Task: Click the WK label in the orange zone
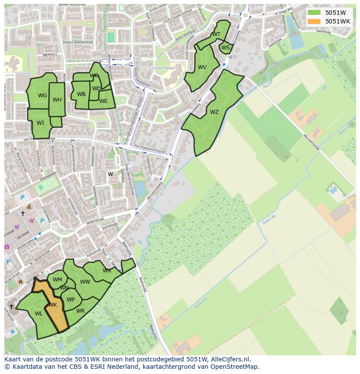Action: tap(53, 305)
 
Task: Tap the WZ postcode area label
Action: tap(214, 112)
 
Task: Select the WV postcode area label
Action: tap(202, 67)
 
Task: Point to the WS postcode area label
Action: tap(226, 48)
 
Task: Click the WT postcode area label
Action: tap(216, 34)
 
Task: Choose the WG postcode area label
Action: tap(42, 96)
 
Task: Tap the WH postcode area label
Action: tap(57, 100)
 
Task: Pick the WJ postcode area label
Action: tap(40, 123)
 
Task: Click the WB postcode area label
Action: tap(81, 94)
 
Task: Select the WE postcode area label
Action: tap(103, 101)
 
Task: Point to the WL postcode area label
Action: tap(39, 314)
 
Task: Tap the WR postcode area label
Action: tap(80, 311)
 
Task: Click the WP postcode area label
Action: tap(70, 300)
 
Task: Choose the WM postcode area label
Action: tap(57, 280)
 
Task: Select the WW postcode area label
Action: tap(85, 282)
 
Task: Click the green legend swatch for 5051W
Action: tap(314, 13)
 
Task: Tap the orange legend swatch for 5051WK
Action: tap(314, 21)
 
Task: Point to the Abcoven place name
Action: tap(67, 231)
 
